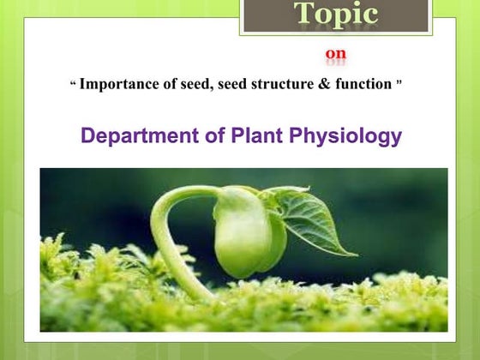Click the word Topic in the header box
[x=336, y=15]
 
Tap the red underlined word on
[x=336, y=55]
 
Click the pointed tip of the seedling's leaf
[x=355, y=255]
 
